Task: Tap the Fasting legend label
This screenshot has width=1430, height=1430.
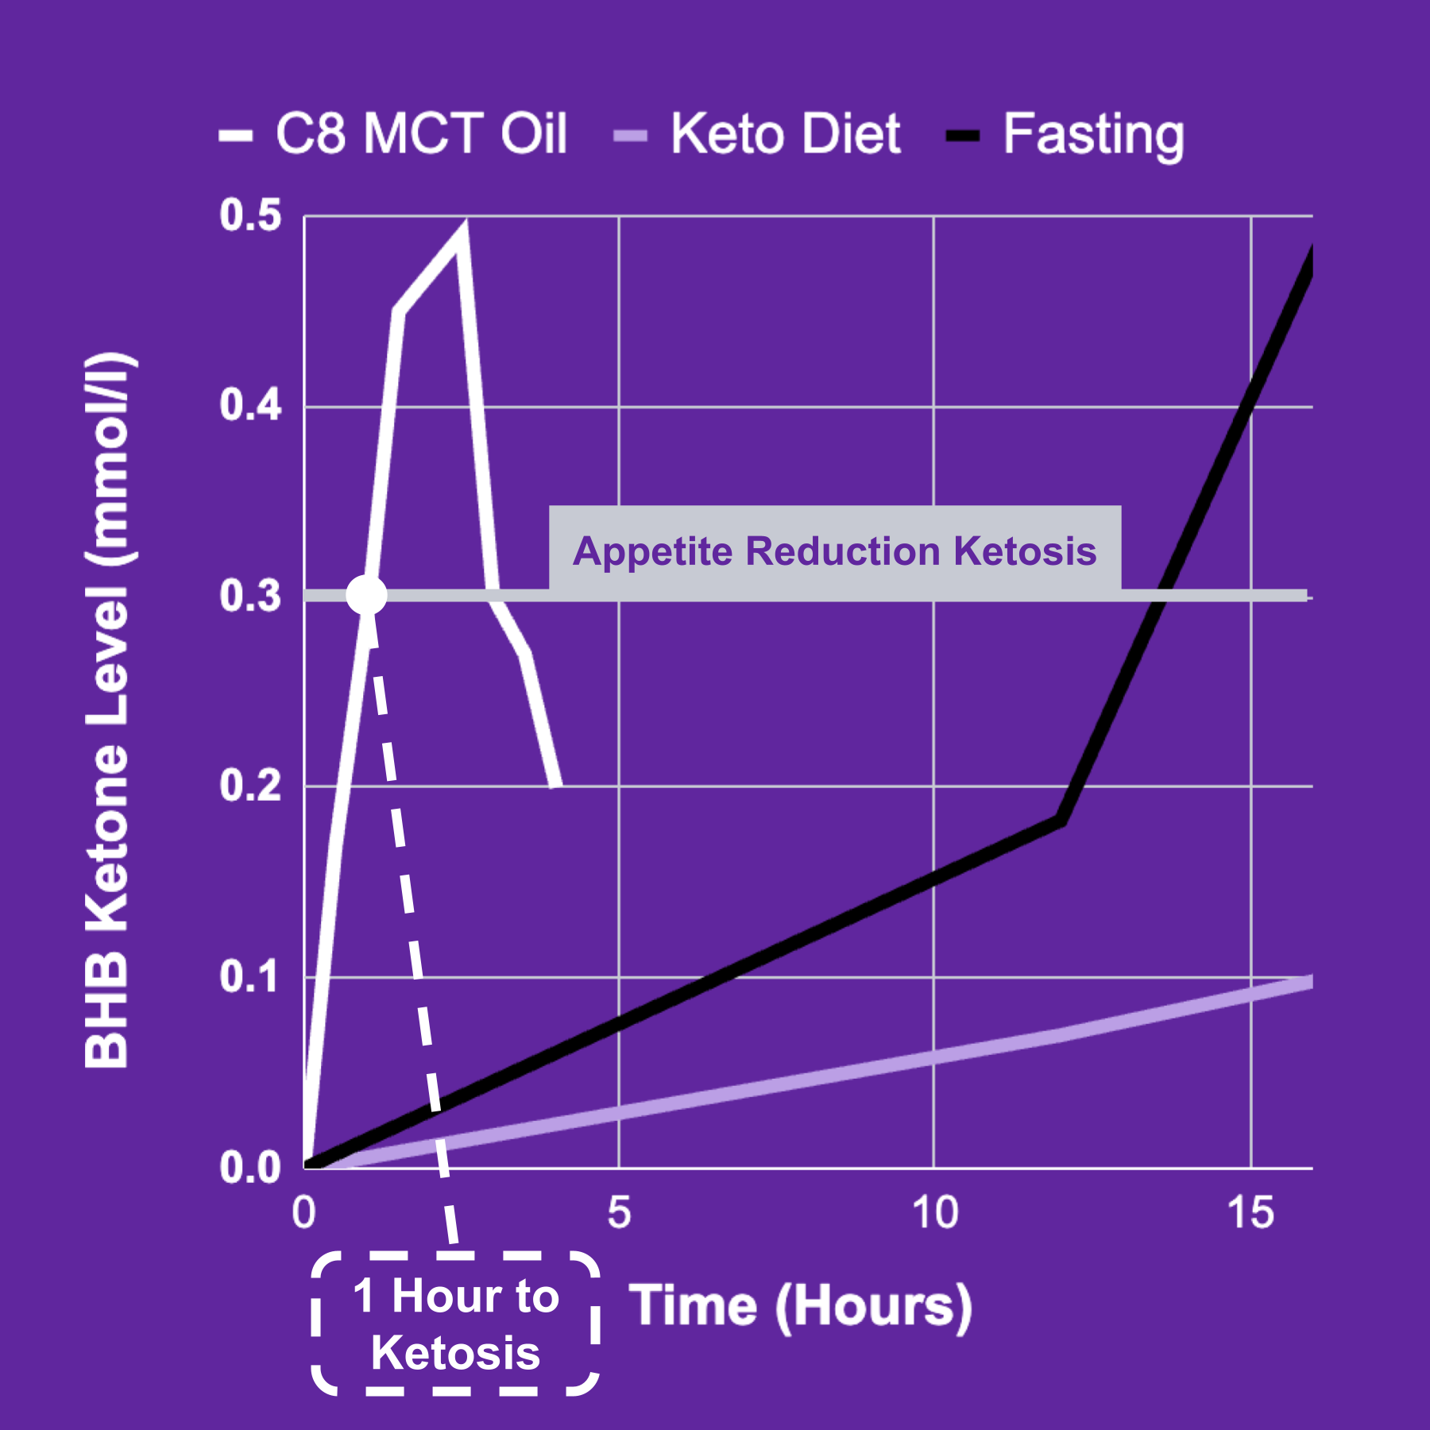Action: coord(1093,135)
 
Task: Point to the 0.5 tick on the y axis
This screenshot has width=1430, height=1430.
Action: coord(251,216)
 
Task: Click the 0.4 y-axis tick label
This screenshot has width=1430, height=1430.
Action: coord(251,405)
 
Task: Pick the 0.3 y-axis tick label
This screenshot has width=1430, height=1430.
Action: coord(251,596)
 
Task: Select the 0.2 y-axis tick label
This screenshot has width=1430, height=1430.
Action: coord(251,786)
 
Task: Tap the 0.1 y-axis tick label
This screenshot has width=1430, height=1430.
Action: coord(251,976)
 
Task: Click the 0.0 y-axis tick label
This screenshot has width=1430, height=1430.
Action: coord(251,1168)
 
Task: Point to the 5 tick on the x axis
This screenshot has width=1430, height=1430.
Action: coord(619,1213)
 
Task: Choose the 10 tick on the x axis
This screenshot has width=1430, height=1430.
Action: coord(934,1213)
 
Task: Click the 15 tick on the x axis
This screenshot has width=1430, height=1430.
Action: coord(1250,1213)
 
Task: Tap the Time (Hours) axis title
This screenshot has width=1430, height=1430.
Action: coord(801,1306)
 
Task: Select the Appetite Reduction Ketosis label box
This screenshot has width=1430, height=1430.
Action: coord(834,551)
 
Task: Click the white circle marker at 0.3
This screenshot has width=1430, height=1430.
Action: coord(366,594)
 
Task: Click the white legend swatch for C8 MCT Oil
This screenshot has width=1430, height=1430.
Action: coord(236,136)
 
